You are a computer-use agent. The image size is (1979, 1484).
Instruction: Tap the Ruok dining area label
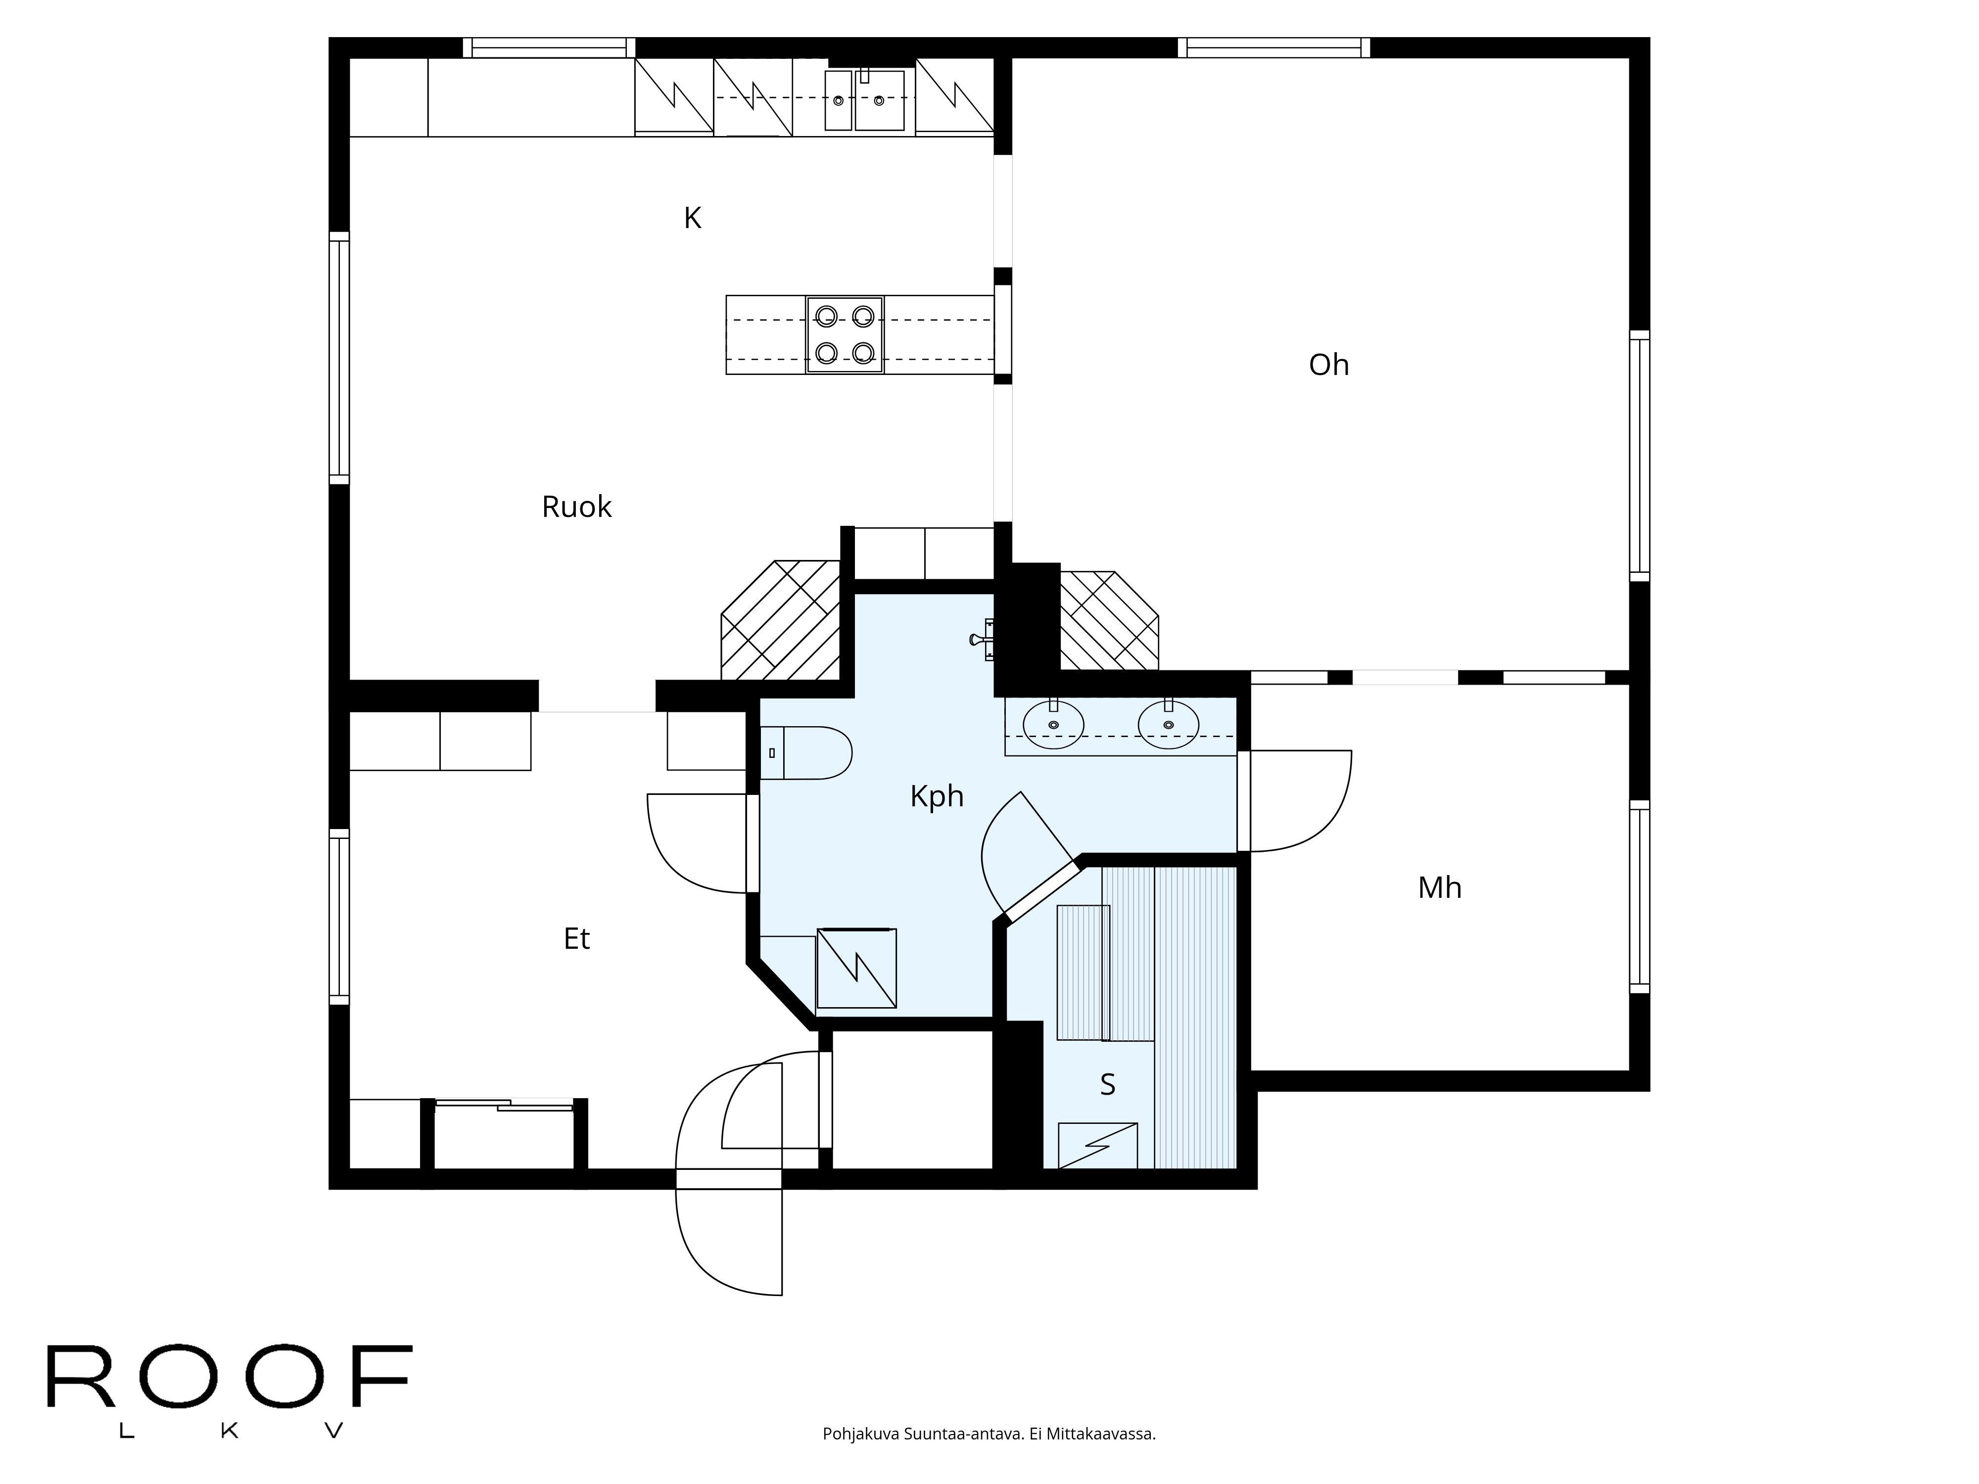576,507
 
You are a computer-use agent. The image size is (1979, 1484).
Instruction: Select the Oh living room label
1328,365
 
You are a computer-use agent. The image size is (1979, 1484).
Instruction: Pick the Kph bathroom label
936,796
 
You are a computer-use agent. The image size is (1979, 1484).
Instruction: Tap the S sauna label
1107,1084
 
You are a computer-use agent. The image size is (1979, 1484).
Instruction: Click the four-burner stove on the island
845,334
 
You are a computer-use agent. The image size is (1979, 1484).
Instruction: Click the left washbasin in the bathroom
1053,725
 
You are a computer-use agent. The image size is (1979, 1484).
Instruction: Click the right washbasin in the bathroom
1168,725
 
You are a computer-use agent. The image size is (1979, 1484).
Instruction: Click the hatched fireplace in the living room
1108,621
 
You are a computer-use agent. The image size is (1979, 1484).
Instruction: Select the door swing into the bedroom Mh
1297,800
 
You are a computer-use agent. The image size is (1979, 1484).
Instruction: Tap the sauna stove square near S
1098,1146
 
